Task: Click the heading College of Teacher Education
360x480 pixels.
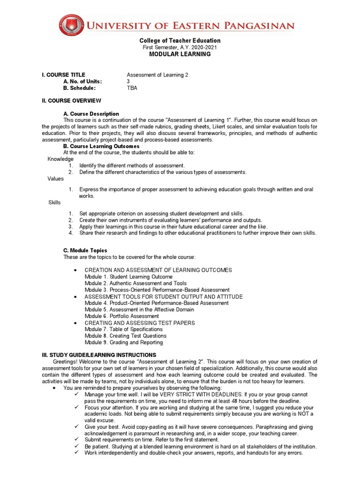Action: click(180, 41)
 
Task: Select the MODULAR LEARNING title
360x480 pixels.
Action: click(180, 54)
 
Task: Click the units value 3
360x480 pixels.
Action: click(128, 82)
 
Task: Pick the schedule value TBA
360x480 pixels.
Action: click(132, 88)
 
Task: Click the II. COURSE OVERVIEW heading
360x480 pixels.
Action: click(71, 101)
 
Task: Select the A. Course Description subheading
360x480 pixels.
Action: click(91, 114)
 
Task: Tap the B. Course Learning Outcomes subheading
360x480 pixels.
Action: click(101, 146)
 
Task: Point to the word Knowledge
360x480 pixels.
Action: click(60, 159)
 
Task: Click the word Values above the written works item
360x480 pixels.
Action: click(55, 179)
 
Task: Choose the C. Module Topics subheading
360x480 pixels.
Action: click(85, 251)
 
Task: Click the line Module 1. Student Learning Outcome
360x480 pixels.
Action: click(128, 277)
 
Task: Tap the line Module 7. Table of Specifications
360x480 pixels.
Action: click(123, 329)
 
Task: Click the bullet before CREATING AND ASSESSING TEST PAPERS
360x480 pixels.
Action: click(75, 323)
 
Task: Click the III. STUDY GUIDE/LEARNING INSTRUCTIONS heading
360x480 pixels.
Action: click(99, 355)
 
